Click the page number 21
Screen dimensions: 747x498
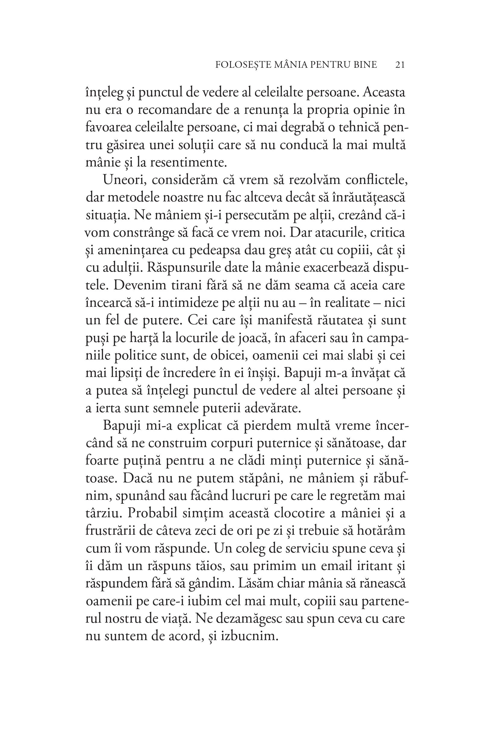[x=400, y=65]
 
